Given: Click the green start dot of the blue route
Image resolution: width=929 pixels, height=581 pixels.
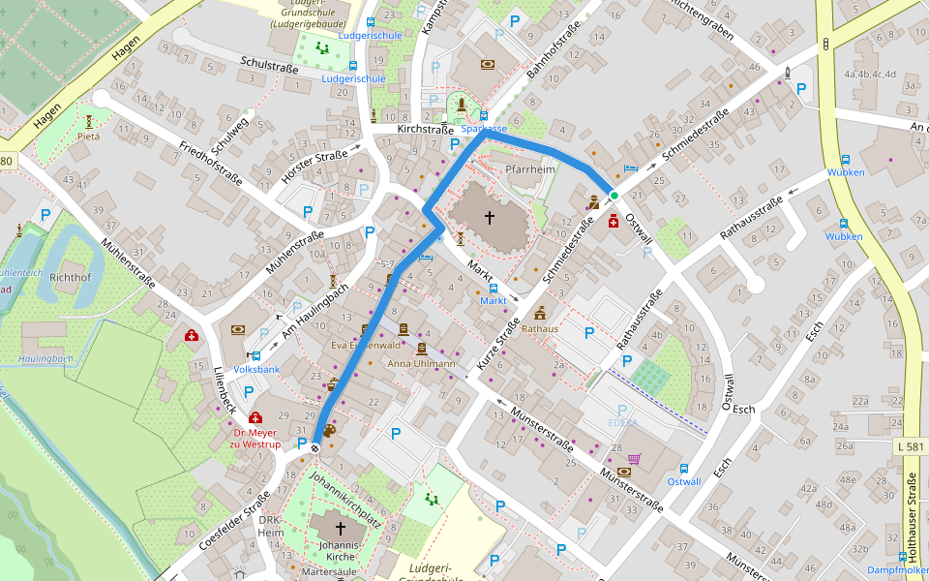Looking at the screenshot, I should (614, 196).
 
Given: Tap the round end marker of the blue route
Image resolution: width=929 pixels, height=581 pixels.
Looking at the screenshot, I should (315, 446).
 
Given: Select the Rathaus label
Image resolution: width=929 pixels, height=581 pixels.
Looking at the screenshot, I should (540, 328).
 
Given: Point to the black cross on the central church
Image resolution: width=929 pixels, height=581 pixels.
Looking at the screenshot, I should (490, 218).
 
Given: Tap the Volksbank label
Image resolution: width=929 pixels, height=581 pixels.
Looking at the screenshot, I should (256, 369).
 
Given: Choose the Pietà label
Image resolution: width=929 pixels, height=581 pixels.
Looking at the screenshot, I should (88, 137).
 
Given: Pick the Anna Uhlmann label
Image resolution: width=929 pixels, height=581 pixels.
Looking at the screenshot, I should (421, 364).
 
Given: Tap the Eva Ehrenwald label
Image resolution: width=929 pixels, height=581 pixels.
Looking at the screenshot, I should (366, 345).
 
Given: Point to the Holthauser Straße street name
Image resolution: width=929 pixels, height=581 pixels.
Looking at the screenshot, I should (911, 519).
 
